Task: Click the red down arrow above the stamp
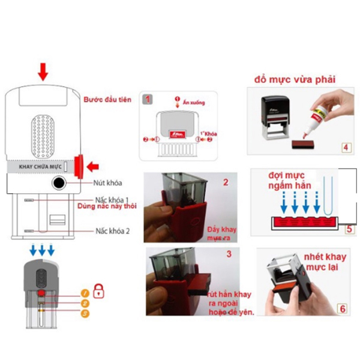point(42,73)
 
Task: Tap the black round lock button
point(59,183)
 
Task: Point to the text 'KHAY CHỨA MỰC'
point(40,166)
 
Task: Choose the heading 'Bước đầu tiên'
point(107,98)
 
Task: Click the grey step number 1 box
point(149,98)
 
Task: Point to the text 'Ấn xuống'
point(193,103)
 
